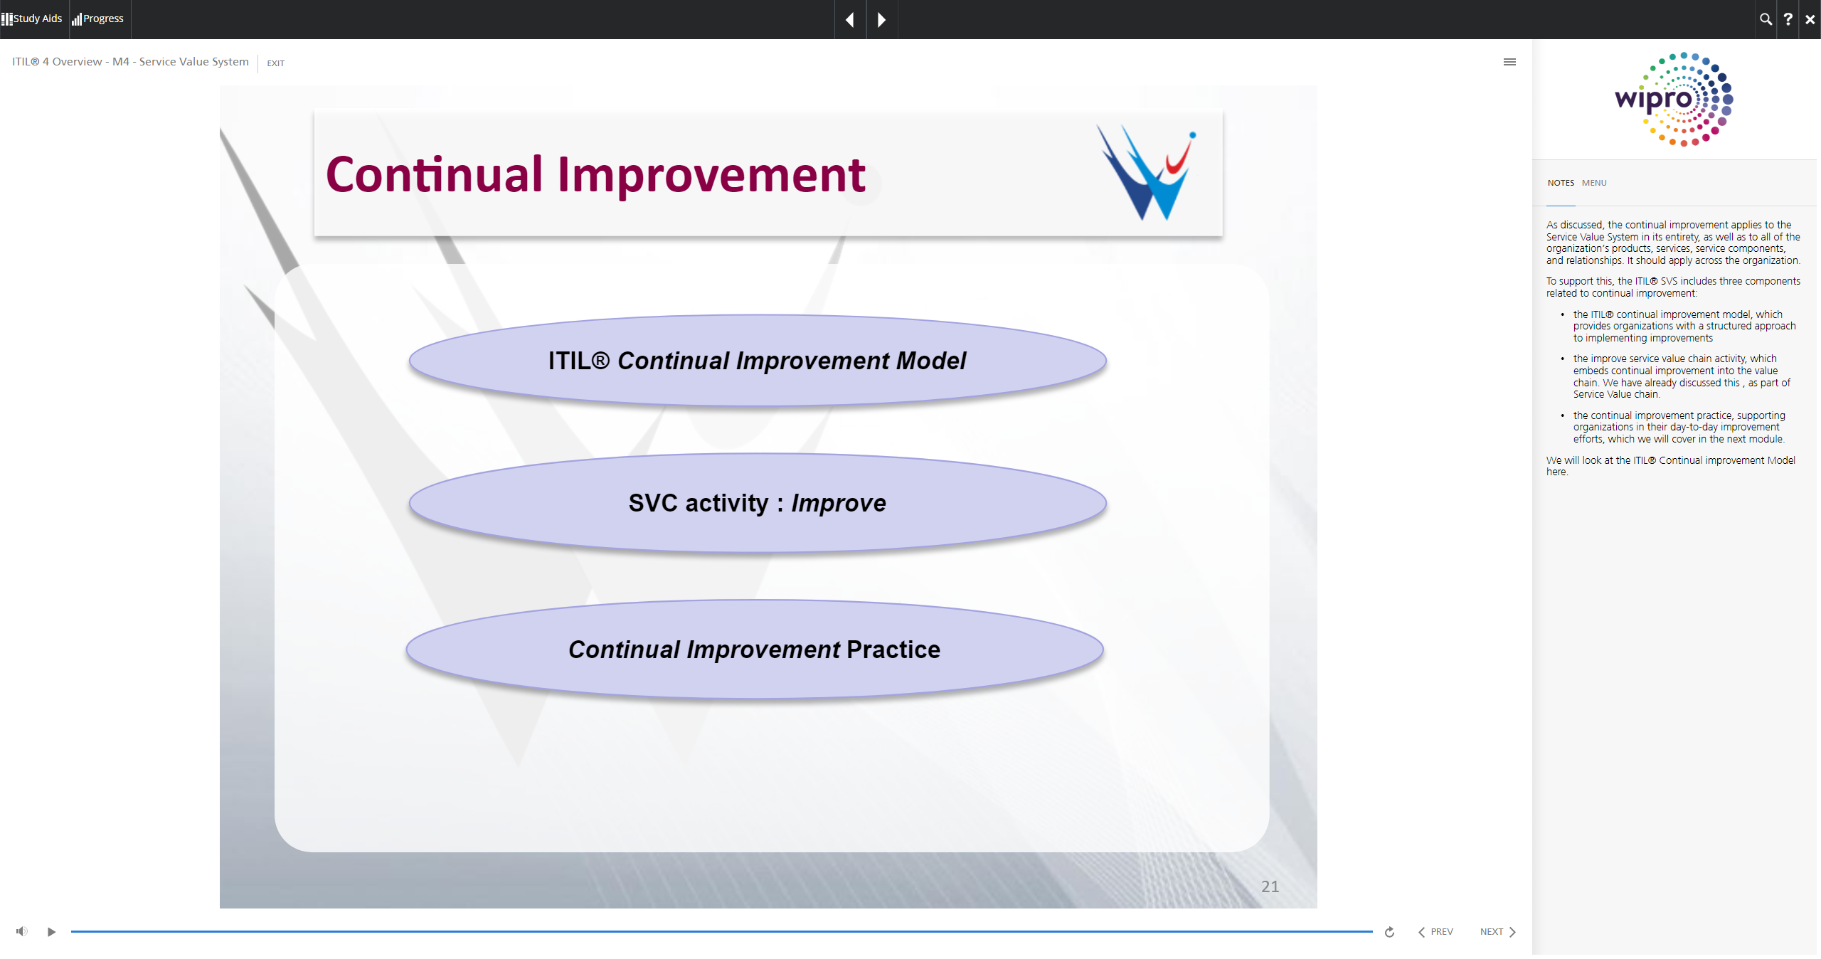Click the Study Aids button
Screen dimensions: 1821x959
coord(32,18)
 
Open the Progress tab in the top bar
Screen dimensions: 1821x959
coord(98,18)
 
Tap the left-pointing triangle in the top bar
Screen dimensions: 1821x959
coord(850,20)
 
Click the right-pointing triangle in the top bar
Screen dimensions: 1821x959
coord(882,20)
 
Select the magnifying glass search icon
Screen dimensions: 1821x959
coord(1766,19)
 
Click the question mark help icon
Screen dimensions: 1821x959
coord(1788,19)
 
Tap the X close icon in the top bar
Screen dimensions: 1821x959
coord(1810,19)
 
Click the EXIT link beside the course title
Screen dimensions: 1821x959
coord(275,63)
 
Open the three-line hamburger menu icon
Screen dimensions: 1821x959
coord(1509,62)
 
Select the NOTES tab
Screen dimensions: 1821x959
coord(1561,183)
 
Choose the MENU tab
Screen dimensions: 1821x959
coord(1594,183)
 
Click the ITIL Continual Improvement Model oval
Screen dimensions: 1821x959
coord(758,361)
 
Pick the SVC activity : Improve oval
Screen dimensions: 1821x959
coord(758,503)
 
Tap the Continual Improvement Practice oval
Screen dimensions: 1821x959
coord(755,650)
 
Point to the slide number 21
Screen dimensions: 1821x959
coord(1270,886)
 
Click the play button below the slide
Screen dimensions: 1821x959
coord(51,932)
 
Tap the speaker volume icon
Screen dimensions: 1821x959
coord(22,931)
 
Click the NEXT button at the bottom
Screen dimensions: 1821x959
coord(1497,932)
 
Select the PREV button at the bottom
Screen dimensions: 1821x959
coord(1435,932)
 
